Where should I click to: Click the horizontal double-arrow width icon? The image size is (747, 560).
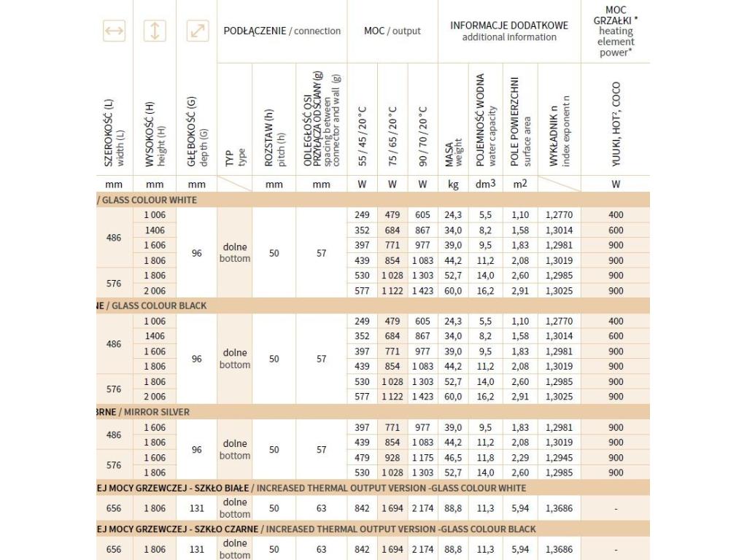pos(115,31)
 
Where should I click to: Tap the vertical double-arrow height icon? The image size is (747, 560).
pos(155,31)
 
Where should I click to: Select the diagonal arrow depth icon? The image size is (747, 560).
pos(197,31)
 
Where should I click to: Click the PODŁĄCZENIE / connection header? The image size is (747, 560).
pos(282,31)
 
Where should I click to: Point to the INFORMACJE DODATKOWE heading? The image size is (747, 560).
pos(509,26)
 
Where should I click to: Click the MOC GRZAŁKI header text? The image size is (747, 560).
pos(615,15)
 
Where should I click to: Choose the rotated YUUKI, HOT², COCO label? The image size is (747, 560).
pos(616,131)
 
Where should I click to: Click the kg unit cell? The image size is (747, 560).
pos(454,184)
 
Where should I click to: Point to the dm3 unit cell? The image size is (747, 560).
pos(486,184)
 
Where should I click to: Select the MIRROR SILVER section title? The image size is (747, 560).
pos(156,412)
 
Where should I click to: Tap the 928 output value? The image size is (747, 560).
pos(392,458)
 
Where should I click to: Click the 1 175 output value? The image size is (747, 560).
pos(422,458)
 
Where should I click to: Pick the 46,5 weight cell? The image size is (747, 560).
pos(454,458)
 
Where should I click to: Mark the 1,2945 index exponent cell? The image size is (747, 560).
pos(559,458)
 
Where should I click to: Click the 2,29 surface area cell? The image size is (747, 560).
pos(519,458)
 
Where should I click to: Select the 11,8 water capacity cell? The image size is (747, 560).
pos(486,458)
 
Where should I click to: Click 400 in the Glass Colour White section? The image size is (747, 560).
pos(616,215)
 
